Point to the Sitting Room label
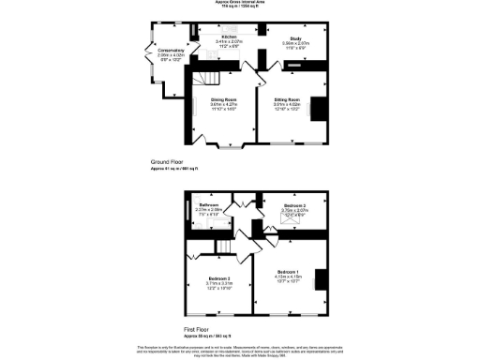pos(286,98)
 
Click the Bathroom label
pos(208,204)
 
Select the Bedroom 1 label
pos(290,270)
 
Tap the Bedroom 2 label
pos(219,279)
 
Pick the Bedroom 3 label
pos(294,204)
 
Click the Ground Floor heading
pos(169,162)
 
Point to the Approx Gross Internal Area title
pos(240,4)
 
